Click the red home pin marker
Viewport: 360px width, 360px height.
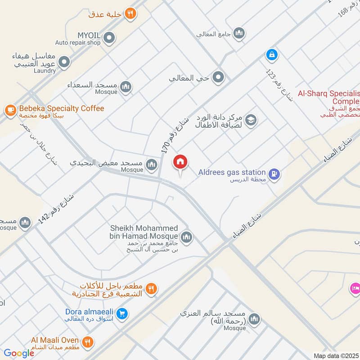[180, 162]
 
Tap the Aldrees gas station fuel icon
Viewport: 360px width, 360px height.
[274, 173]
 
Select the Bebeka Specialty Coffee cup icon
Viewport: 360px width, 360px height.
[10, 109]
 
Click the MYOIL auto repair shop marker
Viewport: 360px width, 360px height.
[108, 39]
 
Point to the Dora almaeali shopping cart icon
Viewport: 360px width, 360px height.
[121, 314]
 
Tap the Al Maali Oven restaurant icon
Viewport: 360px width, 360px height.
[88, 342]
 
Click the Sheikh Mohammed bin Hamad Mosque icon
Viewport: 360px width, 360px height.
[186, 237]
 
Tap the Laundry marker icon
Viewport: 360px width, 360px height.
[64, 63]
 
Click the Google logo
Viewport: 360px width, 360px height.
[19, 353]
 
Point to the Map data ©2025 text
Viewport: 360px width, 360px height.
[336, 355]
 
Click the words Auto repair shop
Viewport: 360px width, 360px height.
[77, 43]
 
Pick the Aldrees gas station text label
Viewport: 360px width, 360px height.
[232, 172]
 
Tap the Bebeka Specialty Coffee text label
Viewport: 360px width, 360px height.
[61, 108]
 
